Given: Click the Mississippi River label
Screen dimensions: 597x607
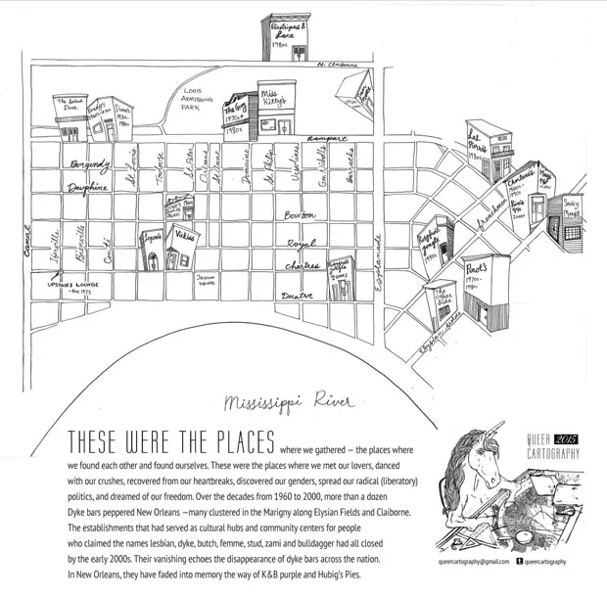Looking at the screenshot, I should [288, 402].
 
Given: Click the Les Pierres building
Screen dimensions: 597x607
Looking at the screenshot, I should [479, 142].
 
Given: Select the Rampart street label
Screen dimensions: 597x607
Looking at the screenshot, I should [326, 139].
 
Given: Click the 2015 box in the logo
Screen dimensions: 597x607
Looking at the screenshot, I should [567, 442].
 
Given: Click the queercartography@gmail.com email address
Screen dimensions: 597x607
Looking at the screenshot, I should [474, 562].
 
